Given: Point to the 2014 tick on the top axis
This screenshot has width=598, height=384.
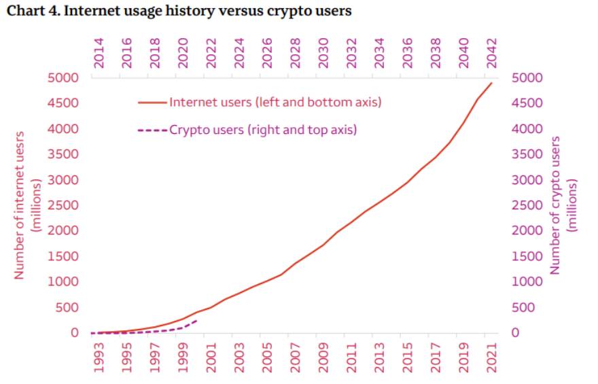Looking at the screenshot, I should click(x=99, y=52).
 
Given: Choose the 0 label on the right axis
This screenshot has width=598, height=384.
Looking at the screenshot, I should click(x=515, y=333).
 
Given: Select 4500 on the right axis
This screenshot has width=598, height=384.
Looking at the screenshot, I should click(x=527, y=103).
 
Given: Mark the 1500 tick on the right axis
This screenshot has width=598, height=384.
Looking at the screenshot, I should click(x=527, y=256).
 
